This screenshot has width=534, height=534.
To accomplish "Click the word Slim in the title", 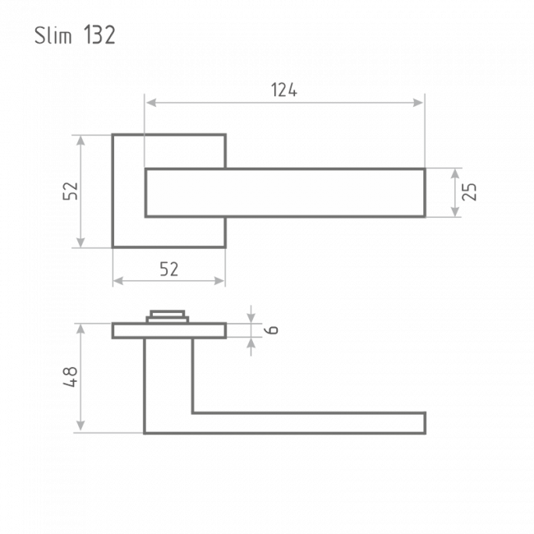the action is pyautogui.click(x=53, y=35).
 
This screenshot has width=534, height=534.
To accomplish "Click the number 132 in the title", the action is pyautogui.click(x=99, y=35).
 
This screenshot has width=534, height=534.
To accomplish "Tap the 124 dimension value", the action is pyautogui.click(x=284, y=90).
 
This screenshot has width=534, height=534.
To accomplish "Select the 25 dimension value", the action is pyautogui.click(x=470, y=191).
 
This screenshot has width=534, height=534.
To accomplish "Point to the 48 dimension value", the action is pyautogui.click(x=71, y=376).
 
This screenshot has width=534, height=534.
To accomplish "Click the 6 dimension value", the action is pyautogui.click(x=271, y=329).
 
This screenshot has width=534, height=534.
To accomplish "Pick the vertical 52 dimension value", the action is pyautogui.click(x=71, y=191).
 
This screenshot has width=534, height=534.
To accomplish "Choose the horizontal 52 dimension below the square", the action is pyautogui.click(x=169, y=269).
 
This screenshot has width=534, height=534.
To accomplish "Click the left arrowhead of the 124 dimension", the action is pyautogui.click(x=151, y=102).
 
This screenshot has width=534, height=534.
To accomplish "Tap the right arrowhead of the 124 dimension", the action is pyautogui.click(x=418, y=102).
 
